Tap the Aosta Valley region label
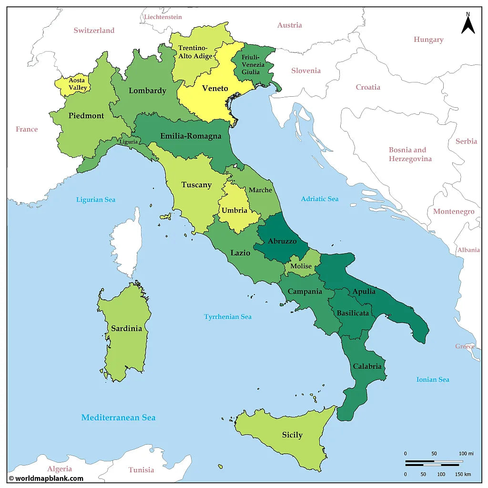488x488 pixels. coord(78,84)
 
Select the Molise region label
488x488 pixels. coord(301,266)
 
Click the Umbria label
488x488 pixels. coord(234,210)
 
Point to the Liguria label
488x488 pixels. coord(129,142)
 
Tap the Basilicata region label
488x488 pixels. coord(353,313)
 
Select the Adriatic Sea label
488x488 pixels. coord(319,199)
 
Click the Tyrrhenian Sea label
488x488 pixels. coord(228,316)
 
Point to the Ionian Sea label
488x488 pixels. coord(433,379)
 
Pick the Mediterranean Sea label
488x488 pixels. coord(118,417)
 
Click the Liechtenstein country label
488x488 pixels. coord(163,17)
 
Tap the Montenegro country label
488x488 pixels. coord(454,212)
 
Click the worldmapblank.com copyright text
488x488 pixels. coord(46,478)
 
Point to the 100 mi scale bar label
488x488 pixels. coord(466,453)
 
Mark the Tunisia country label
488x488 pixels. coord(141,470)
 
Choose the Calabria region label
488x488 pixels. coord(367,366)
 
